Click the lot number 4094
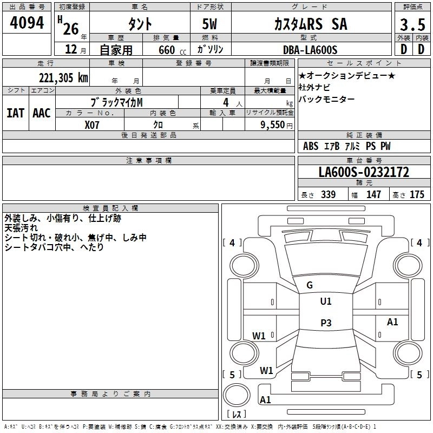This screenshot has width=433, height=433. (x=27, y=23)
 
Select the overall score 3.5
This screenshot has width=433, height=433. (x=412, y=24)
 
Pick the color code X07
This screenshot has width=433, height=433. (x=93, y=124)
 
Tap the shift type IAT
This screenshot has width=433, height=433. (x=15, y=113)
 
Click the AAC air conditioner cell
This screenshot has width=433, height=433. (x=42, y=113)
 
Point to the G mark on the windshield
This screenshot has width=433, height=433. (x=310, y=285)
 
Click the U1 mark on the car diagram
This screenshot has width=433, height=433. (x=325, y=301)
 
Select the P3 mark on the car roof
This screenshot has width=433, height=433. (x=325, y=323)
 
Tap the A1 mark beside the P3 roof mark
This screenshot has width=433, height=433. (x=392, y=322)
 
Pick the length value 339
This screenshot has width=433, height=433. (x=328, y=195)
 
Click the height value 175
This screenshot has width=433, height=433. (x=417, y=195)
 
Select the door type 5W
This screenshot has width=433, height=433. (x=211, y=24)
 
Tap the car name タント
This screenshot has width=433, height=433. (x=139, y=24)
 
